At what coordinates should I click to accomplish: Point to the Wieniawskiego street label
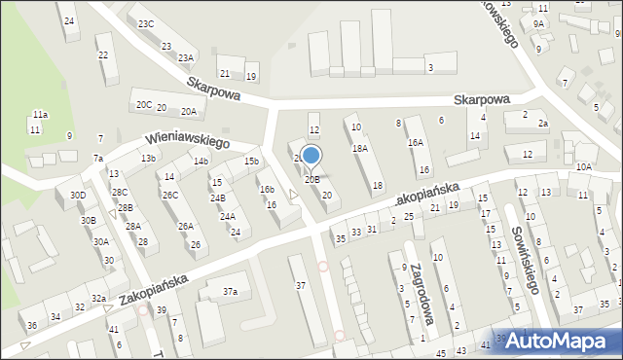coord(188,142)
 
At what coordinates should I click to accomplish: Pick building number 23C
coord(145,23)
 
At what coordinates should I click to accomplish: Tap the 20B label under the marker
coord(311,179)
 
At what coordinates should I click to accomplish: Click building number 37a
coord(230,292)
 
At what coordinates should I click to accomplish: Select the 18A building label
coord(360,149)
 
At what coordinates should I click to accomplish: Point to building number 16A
coord(416,143)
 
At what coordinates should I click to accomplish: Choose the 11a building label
coord(40,115)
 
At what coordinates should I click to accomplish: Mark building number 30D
coord(78,196)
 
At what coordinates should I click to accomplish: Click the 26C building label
coord(170,196)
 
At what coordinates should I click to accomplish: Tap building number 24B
coord(218,198)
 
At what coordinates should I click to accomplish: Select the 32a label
coord(98,299)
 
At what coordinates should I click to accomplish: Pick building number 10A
coord(583,167)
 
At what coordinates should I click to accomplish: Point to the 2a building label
coord(543,124)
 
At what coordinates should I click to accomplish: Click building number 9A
coord(538,23)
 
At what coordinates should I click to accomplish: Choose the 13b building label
coord(148,159)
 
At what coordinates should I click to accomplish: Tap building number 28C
coord(120,193)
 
